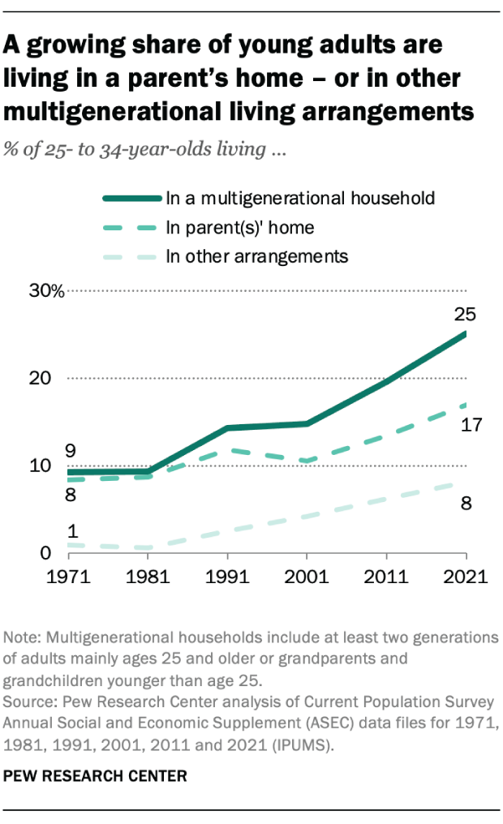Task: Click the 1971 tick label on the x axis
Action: click(x=68, y=578)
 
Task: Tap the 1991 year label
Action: click(x=227, y=578)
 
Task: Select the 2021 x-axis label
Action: click(x=465, y=578)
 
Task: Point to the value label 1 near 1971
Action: click(x=71, y=532)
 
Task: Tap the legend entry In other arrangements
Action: click(x=256, y=257)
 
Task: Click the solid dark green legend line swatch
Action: click(x=130, y=198)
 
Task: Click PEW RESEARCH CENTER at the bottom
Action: click(x=95, y=777)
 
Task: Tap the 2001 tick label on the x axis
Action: click(x=307, y=578)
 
